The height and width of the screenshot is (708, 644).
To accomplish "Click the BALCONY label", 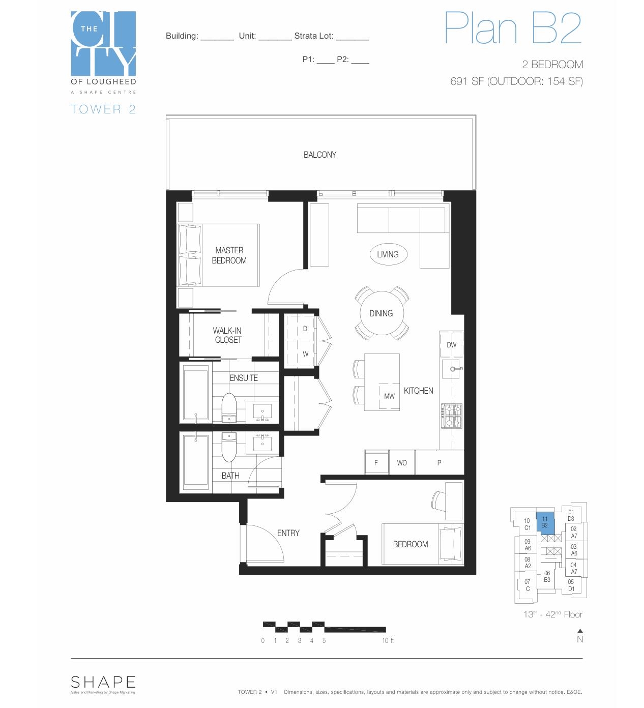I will tap(319, 155).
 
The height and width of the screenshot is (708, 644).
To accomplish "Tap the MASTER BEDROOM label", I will tap(229, 255).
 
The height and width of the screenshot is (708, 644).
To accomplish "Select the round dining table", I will tap(381, 313).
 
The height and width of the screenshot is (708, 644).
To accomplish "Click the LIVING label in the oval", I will tap(388, 254).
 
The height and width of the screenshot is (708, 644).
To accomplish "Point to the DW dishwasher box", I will tap(451, 345).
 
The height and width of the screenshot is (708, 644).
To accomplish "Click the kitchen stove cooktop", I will tap(451, 416).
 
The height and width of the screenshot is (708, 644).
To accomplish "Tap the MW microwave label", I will tap(389, 396).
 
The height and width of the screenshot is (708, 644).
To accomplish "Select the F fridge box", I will tap(376, 463).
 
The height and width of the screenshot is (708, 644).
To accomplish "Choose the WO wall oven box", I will tap(402, 463).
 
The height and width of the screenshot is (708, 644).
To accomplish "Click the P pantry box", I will tap(439, 463).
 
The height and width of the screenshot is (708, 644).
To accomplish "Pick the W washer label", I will tap(305, 354).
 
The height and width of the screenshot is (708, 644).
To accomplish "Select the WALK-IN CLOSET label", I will tap(227, 335).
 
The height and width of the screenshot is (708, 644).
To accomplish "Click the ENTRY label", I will tap(288, 533).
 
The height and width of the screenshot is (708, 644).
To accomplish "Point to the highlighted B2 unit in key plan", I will tap(545, 522).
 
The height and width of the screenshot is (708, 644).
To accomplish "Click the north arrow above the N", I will tap(580, 631).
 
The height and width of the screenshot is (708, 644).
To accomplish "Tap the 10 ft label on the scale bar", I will tap(388, 641).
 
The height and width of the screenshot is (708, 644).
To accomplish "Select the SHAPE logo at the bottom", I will tap(103, 682).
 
